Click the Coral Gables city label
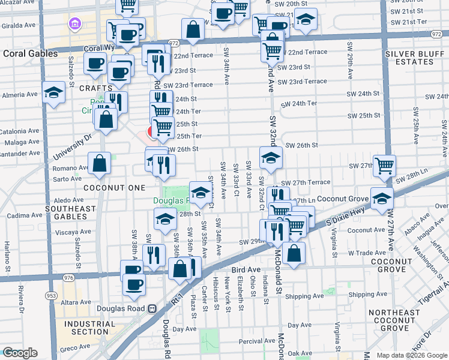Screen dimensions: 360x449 30,53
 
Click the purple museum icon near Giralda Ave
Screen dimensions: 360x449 75,25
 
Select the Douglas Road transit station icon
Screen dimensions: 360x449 152,309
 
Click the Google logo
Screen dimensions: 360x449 20,352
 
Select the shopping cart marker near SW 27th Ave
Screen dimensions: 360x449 384,165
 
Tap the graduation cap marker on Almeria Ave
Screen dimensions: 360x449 53,92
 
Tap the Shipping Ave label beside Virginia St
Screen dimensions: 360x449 367,295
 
